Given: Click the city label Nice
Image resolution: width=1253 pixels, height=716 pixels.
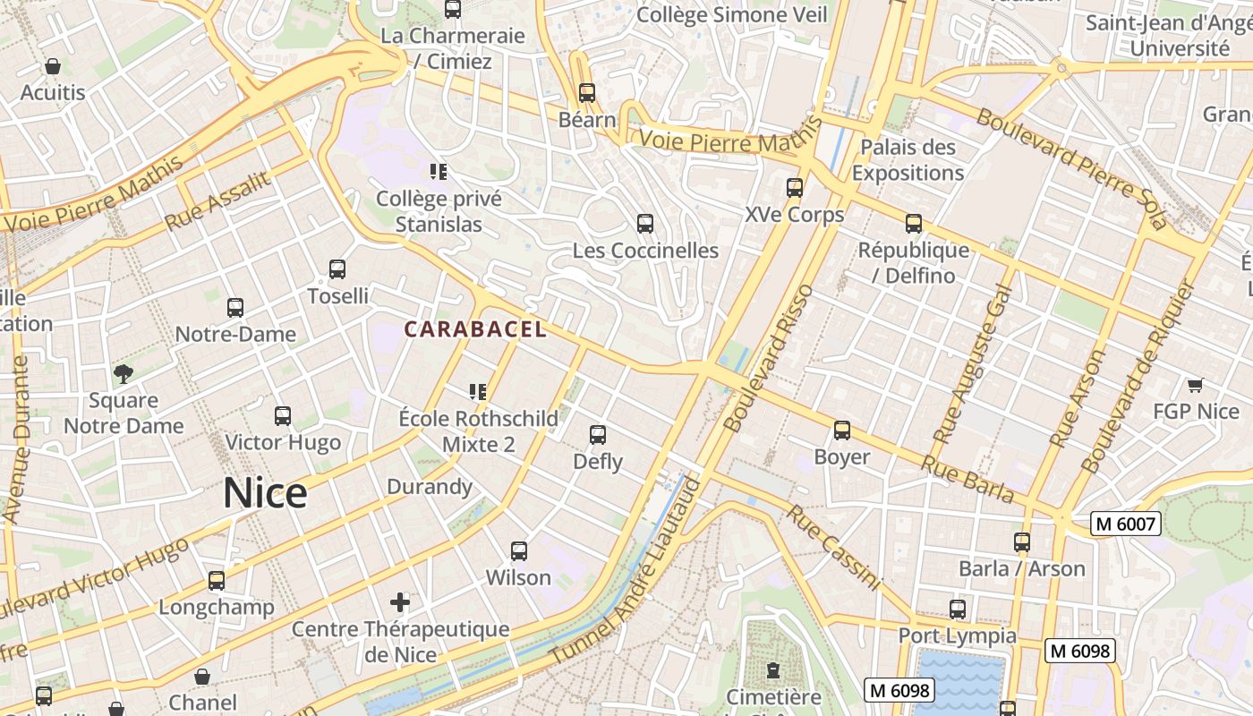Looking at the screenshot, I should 265,493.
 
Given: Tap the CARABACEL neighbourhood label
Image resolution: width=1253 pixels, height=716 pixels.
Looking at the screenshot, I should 474,329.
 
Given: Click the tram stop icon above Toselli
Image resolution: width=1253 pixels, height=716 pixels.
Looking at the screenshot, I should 337,268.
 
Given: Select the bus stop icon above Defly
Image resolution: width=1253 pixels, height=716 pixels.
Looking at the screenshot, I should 598,435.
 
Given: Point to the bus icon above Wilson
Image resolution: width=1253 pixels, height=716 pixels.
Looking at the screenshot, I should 519,551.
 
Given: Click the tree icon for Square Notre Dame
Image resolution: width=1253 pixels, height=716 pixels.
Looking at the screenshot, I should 124,373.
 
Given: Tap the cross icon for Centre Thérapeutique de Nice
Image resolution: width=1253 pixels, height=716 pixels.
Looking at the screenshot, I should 400,601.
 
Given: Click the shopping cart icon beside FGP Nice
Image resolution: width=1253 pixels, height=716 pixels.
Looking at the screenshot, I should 1195,386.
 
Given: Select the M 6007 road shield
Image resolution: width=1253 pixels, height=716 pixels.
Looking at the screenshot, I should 1125,524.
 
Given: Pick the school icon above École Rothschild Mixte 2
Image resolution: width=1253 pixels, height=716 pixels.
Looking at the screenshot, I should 478,391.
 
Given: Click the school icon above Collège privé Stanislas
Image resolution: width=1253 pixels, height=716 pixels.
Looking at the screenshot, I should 439,171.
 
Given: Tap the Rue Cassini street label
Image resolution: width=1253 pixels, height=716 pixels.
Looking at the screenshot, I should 834,548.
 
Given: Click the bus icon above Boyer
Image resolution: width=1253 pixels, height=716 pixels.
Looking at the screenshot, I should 842,430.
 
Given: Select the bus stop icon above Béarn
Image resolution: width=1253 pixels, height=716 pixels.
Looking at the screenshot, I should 587,93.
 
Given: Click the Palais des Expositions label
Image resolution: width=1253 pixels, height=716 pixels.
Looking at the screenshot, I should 908,159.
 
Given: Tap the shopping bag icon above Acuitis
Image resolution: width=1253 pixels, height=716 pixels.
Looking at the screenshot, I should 53,66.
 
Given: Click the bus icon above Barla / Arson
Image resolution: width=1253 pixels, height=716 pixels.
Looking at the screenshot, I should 1022,542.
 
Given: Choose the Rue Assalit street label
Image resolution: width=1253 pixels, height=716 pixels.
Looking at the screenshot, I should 217,200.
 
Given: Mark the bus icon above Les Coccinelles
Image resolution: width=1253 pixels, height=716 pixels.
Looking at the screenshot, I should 645,224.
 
